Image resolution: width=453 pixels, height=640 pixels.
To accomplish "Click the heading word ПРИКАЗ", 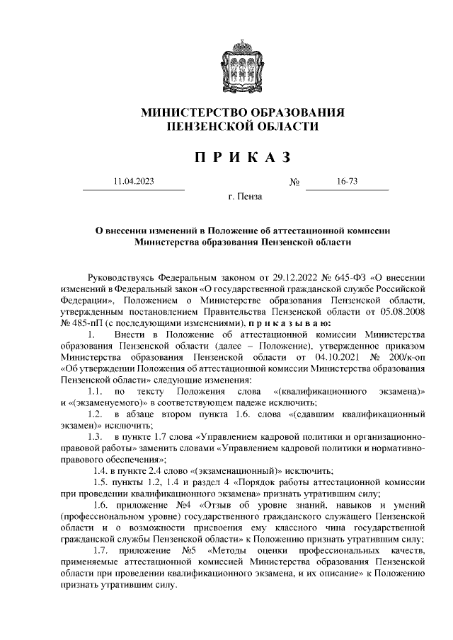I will [243, 155].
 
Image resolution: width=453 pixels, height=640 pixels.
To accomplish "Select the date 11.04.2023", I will [133, 182].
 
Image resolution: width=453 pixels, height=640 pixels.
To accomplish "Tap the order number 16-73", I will [347, 182].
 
